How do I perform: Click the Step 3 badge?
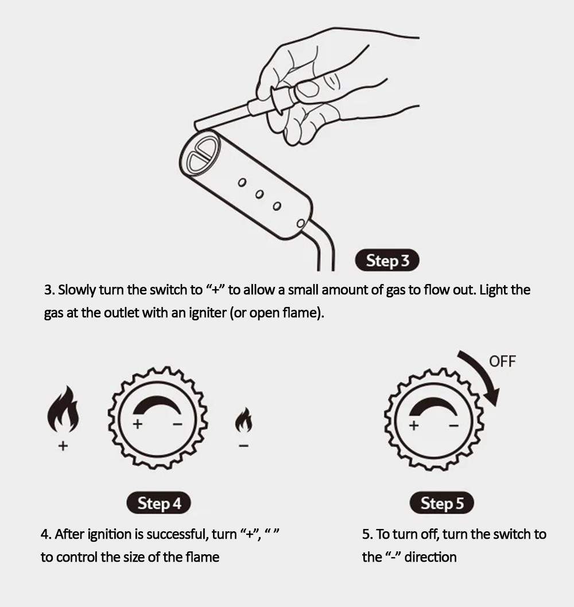(x=387, y=260)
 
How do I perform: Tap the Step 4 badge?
(x=159, y=503)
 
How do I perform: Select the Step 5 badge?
(x=442, y=503)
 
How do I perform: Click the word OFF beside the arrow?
(x=502, y=361)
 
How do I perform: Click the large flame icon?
(x=63, y=409)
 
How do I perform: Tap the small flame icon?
(x=243, y=419)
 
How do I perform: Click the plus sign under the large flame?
(x=63, y=446)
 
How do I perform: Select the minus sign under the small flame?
(x=243, y=446)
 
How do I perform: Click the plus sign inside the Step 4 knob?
(x=138, y=425)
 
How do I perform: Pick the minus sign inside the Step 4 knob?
(x=177, y=425)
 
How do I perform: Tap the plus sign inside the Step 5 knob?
(x=414, y=426)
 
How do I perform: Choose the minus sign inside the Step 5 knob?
(x=453, y=426)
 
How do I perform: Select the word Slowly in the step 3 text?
(x=77, y=290)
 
